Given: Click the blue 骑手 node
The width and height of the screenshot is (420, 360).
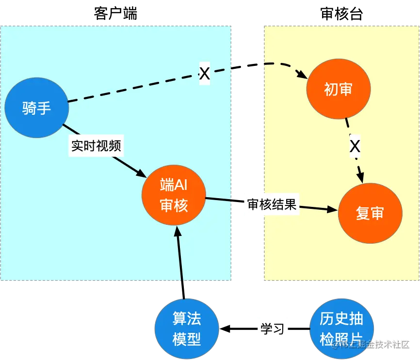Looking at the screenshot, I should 36,108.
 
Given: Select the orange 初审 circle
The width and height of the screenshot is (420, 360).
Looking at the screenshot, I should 339,89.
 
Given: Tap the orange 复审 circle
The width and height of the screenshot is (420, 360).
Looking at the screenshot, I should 370,213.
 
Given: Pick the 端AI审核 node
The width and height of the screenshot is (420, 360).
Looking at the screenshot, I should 174,195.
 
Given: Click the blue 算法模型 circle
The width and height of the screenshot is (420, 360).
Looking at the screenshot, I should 187,329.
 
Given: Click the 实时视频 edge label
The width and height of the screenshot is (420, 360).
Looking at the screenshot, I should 96,146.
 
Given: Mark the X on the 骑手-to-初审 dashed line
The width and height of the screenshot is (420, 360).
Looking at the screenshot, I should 205,74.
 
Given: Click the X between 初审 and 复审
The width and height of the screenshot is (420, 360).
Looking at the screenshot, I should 355,146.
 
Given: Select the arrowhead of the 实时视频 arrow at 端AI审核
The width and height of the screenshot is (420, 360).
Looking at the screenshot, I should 141,173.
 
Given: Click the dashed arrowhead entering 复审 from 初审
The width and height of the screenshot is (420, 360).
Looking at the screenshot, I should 361,178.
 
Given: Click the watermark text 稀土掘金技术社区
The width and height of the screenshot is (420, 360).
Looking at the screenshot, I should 373,344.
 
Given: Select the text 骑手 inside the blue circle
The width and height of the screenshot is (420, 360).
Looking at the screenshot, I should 36,108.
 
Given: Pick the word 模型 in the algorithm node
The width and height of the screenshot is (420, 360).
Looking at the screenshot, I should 187,339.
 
